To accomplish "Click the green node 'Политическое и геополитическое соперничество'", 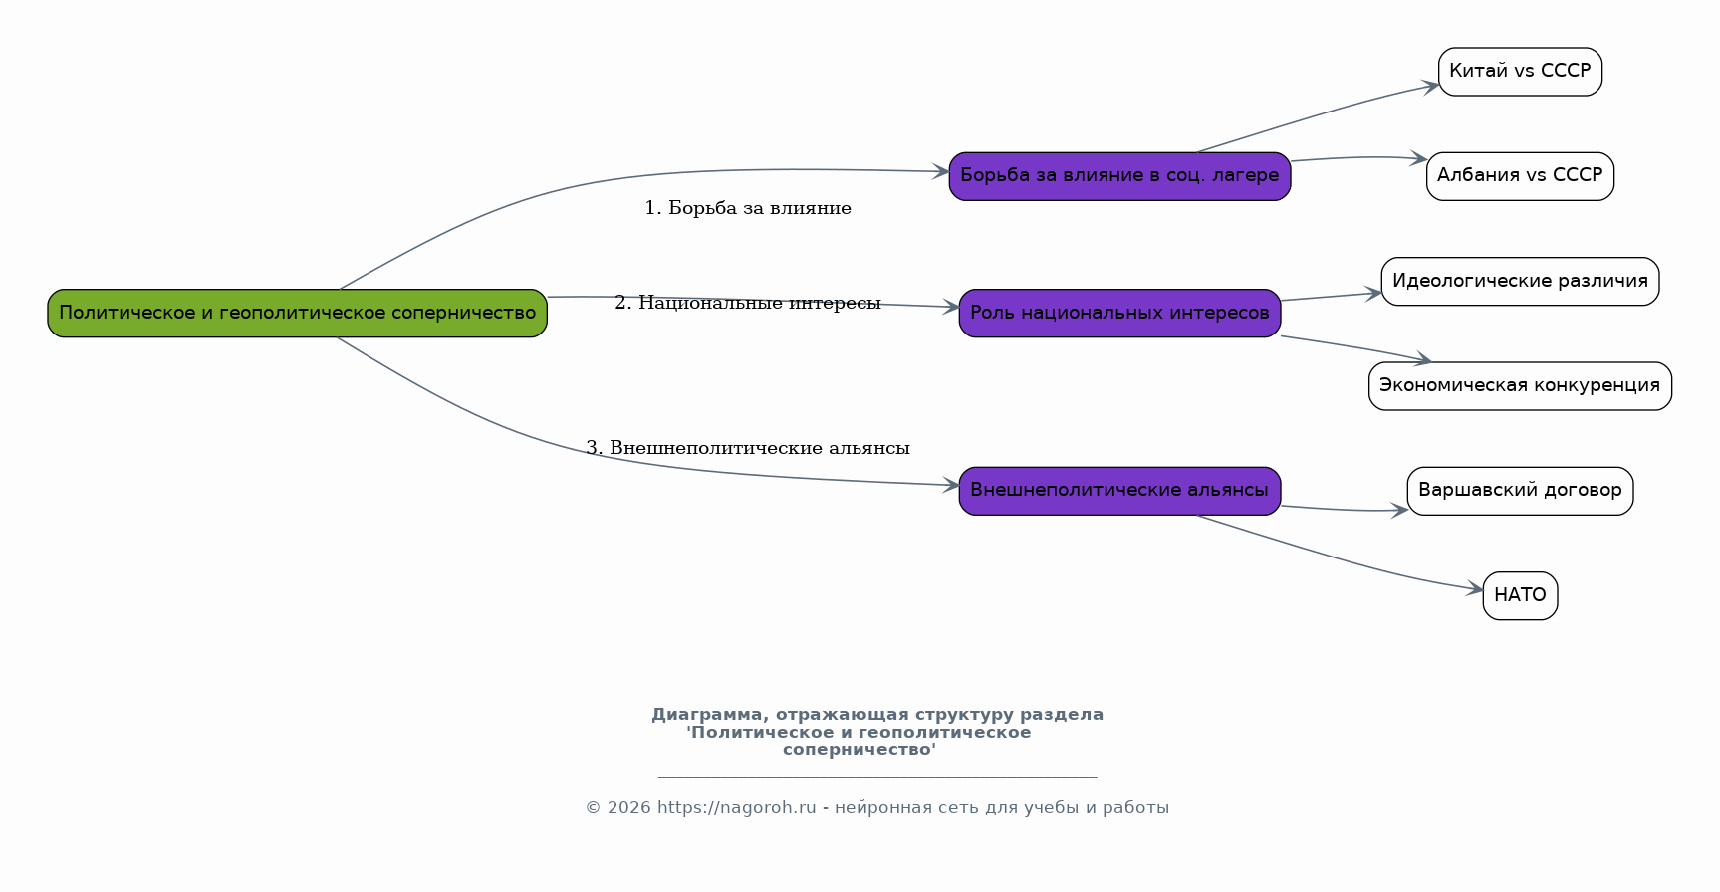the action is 297,314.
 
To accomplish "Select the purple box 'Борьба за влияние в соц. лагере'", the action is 1119,176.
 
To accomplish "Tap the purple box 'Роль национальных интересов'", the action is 1119,314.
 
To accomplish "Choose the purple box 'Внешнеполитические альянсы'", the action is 1119,491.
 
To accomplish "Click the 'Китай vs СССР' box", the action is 1520,72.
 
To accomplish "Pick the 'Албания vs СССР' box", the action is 1520,176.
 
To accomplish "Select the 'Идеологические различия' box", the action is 1520,282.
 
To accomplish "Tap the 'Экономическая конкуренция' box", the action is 1520,386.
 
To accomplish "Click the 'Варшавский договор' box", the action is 1520,491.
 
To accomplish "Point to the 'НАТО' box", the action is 1520,596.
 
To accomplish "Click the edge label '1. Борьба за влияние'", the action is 748,208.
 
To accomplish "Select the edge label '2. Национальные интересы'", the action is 748,303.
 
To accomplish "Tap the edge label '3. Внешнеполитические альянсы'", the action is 748,448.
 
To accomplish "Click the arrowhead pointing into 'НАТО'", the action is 1475,589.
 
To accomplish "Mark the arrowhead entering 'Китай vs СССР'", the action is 1430,86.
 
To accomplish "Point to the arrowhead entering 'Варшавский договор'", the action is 1399,511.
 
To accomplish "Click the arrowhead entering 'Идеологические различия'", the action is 1373,293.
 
